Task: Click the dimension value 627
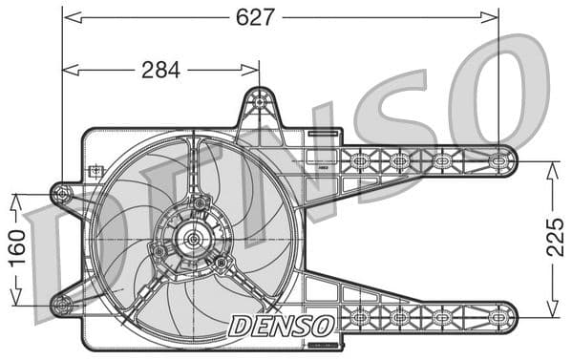[256, 17]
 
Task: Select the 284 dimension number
[160, 70]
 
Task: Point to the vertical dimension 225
[556, 237]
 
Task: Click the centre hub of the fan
[193, 239]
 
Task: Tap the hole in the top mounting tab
[259, 100]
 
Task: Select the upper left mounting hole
[62, 194]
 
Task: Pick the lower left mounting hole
[62, 306]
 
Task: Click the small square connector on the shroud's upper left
[95, 172]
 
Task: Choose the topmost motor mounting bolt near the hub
[201, 203]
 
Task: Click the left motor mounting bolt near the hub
[159, 251]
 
